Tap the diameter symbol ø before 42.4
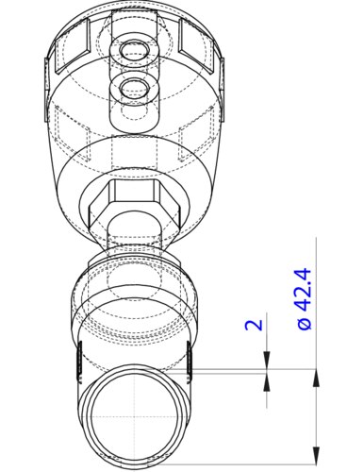[305, 324]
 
